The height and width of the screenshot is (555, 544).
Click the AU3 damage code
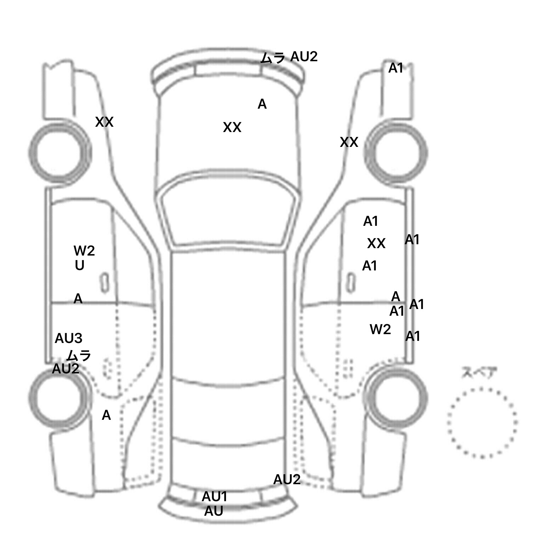[x=68, y=339]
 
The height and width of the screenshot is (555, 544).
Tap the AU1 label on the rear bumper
[x=214, y=497]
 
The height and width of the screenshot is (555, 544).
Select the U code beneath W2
[x=79, y=265]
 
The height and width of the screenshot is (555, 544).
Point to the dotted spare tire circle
[x=482, y=422]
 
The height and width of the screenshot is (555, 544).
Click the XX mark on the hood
[x=232, y=127]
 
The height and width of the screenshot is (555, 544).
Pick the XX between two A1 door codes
[x=376, y=244]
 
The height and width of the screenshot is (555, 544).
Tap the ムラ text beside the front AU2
[x=273, y=57]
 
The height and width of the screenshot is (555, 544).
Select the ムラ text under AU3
[x=79, y=355]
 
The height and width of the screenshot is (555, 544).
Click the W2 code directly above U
[x=84, y=251]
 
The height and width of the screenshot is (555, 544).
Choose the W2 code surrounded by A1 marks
[x=380, y=330]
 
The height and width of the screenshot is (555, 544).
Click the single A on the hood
[x=262, y=104]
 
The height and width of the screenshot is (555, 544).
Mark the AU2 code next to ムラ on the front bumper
[x=304, y=57]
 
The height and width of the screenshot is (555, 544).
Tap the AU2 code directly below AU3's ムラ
[x=66, y=369]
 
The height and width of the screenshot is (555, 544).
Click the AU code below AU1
[x=214, y=511]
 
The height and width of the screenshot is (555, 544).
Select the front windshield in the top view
[x=228, y=216]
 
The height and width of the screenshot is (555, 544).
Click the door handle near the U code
[x=104, y=282]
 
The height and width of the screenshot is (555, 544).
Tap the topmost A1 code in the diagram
[x=396, y=68]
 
